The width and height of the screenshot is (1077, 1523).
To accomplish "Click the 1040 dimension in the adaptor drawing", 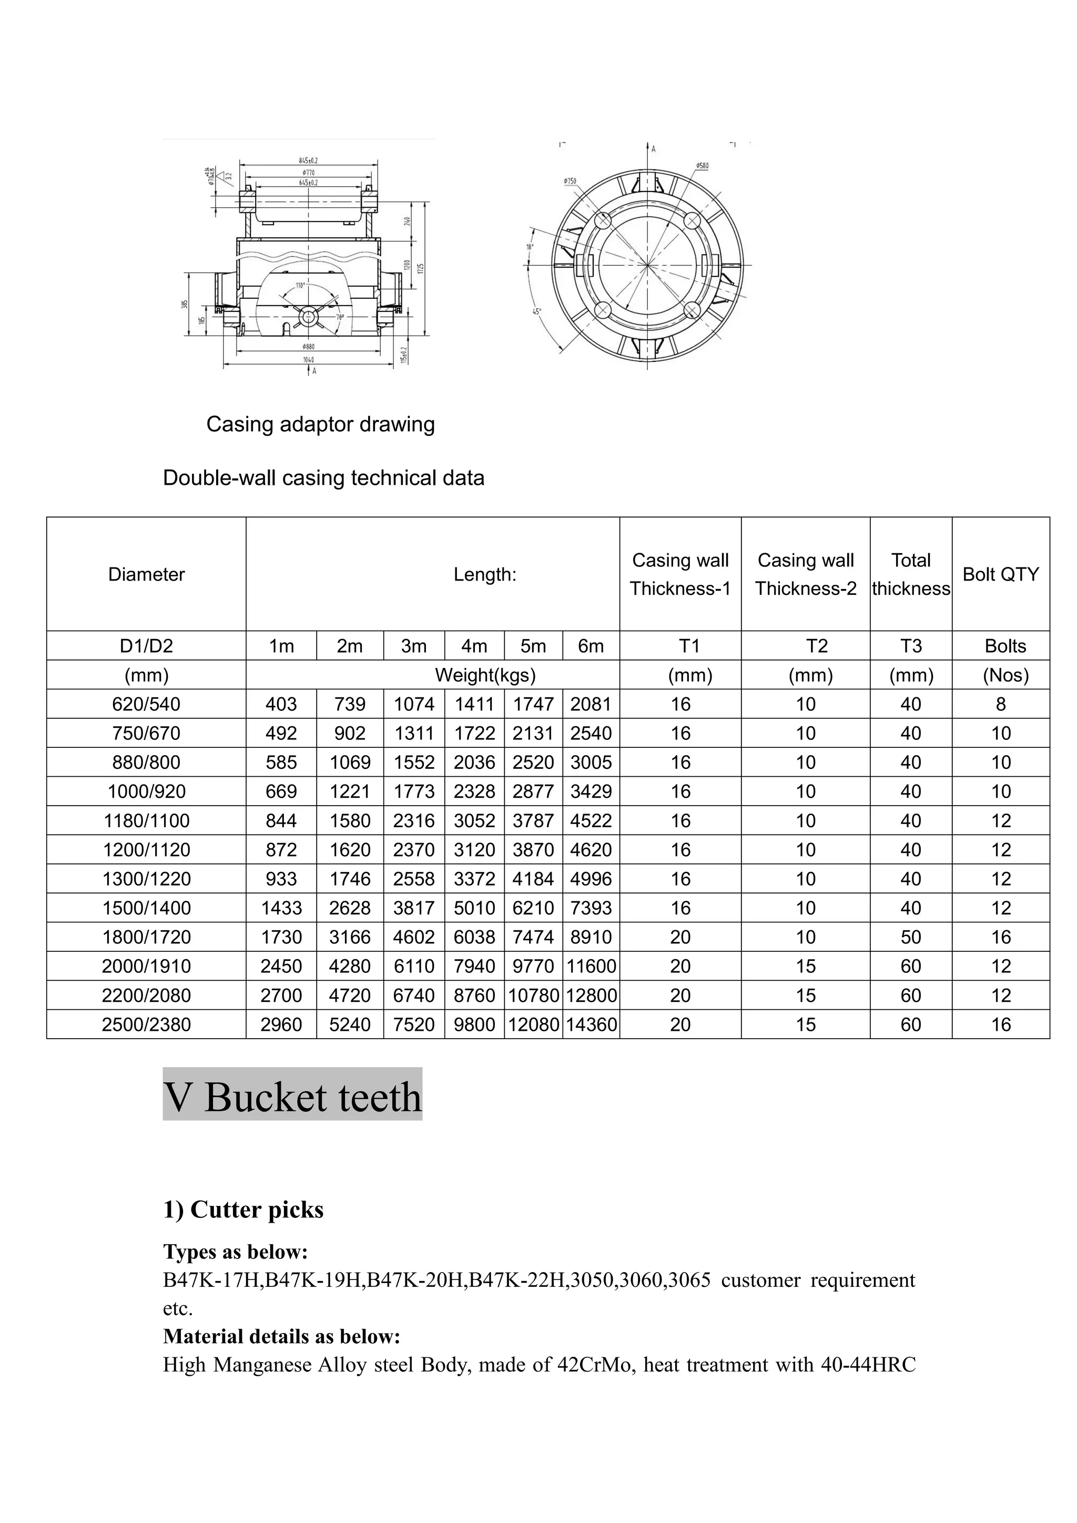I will (308, 360).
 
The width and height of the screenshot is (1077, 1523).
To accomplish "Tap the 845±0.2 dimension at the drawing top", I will (308, 160).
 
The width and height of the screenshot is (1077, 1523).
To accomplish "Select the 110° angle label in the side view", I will (300, 286).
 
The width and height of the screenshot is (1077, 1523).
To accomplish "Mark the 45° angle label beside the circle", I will (536, 311).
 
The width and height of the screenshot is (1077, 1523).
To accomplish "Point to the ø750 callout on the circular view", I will (569, 180).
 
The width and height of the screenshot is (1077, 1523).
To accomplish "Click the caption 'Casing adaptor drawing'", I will (320, 424).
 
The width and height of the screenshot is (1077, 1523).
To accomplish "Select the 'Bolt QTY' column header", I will (1000, 574).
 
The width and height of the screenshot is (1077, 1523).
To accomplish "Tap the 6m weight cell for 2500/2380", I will (591, 1025).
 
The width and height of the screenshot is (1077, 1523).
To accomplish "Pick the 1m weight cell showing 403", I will (281, 705).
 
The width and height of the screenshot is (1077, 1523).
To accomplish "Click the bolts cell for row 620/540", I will (1000, 705).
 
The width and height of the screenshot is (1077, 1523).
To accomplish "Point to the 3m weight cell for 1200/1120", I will (414, 850).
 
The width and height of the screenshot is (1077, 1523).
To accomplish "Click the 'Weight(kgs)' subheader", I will (485, 675).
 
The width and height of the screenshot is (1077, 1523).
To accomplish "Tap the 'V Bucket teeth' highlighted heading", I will (292, 1097).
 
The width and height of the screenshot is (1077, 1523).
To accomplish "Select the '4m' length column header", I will (474, 646).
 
